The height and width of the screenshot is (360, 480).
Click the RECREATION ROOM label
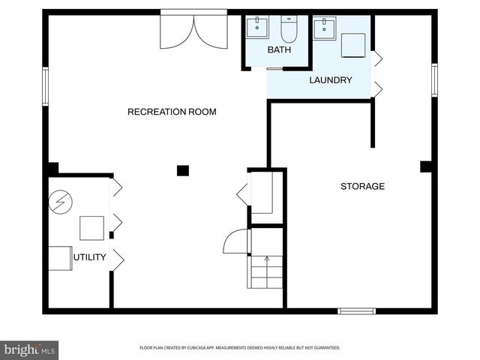(172, 112)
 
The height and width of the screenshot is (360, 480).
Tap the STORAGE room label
(362, 186)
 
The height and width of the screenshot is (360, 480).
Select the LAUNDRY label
(330, 79)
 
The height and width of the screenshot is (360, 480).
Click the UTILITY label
(90, 258)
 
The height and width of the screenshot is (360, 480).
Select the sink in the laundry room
(325, 28)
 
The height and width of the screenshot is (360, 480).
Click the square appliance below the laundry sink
(352, 46)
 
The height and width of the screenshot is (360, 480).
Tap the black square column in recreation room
(182, 170)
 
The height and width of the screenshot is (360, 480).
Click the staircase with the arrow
(266, 271)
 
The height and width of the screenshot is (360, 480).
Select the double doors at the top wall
(193, 30)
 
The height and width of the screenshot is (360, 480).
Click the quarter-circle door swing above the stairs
(235, 241)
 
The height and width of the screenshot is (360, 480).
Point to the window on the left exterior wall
(45, 85)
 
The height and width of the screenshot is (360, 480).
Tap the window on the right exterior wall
(434, 79)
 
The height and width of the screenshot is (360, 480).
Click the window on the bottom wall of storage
(356, 310)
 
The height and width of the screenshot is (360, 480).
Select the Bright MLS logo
(29, 350)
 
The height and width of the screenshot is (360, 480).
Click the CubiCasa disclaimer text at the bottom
(240, 348)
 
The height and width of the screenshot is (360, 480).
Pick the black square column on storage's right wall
(426, 166)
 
